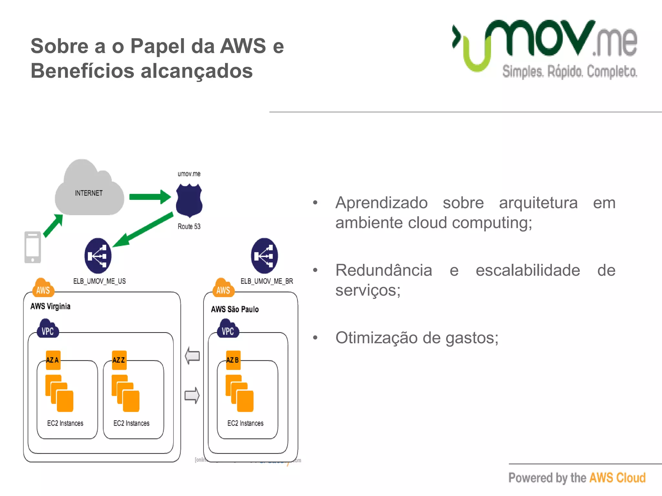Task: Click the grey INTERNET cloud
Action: coord(89,191)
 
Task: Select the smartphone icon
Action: coord(33,247)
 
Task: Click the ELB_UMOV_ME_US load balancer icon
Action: coord(98,256)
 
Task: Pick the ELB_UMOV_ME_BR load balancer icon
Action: coord(264,256)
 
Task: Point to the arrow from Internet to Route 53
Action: coord(150,197)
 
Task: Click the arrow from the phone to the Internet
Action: coord(53,226)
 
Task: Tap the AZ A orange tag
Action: coord(53,360)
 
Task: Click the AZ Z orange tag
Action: coord(119,360)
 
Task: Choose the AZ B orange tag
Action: coord(233,360)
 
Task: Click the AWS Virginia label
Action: coord(50,306)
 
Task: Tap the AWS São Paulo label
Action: coord(235,309)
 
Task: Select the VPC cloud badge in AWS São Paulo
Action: coord(228,329)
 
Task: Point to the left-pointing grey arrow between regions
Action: coord(192,356)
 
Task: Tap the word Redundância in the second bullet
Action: coord(384,270)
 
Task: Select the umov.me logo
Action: coord(544,48)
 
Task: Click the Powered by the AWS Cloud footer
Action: coord(577,478)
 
